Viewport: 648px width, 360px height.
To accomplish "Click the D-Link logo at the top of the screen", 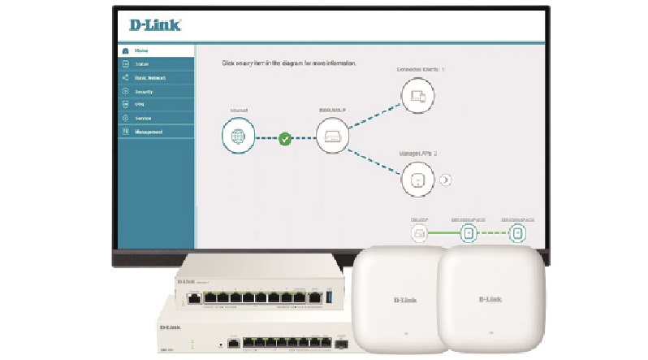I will pos(155,25).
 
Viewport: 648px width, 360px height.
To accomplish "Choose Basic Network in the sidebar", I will pos(150,78).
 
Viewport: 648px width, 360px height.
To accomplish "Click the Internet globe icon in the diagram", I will pos(238,135).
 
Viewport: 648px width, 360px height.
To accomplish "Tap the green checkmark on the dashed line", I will pos(285,139).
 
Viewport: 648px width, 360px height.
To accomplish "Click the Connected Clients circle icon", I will pos(417,97).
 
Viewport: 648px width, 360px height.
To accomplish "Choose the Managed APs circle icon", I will pos(417,179).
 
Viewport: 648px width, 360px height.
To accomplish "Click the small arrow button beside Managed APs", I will pos(446,180).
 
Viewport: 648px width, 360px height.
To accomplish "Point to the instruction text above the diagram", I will pos(289,63).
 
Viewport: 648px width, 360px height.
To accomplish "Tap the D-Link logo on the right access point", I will pos(486,300).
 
